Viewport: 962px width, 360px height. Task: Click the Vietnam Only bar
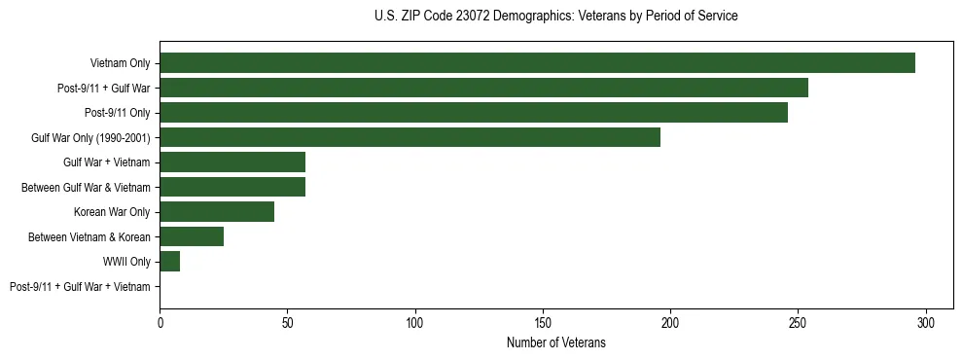(537, 63)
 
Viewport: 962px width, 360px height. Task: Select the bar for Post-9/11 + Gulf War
(483, 88)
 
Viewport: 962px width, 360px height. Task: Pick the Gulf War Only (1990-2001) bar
(410, 137)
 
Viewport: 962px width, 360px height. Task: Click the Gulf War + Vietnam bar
(232, 162)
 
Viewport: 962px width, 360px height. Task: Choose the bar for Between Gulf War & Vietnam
(232, 187)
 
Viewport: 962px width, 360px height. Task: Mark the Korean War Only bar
(217, 212)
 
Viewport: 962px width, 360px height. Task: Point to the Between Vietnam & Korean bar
(192, 236)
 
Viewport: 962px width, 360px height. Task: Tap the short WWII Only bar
(170, 262)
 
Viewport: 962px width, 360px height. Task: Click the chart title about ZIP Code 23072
(555, 17)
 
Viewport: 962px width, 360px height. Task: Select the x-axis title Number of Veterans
(555, 342)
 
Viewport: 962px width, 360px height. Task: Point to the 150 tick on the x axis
(543, 322)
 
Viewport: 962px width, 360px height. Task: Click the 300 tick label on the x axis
(926, 322)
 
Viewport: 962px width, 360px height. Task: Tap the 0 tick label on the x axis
(160, 322)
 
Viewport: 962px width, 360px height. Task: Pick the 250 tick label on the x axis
(799, 322)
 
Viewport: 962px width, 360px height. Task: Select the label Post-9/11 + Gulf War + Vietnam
(80, 287)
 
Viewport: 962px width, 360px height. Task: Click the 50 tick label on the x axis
(288, 322)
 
